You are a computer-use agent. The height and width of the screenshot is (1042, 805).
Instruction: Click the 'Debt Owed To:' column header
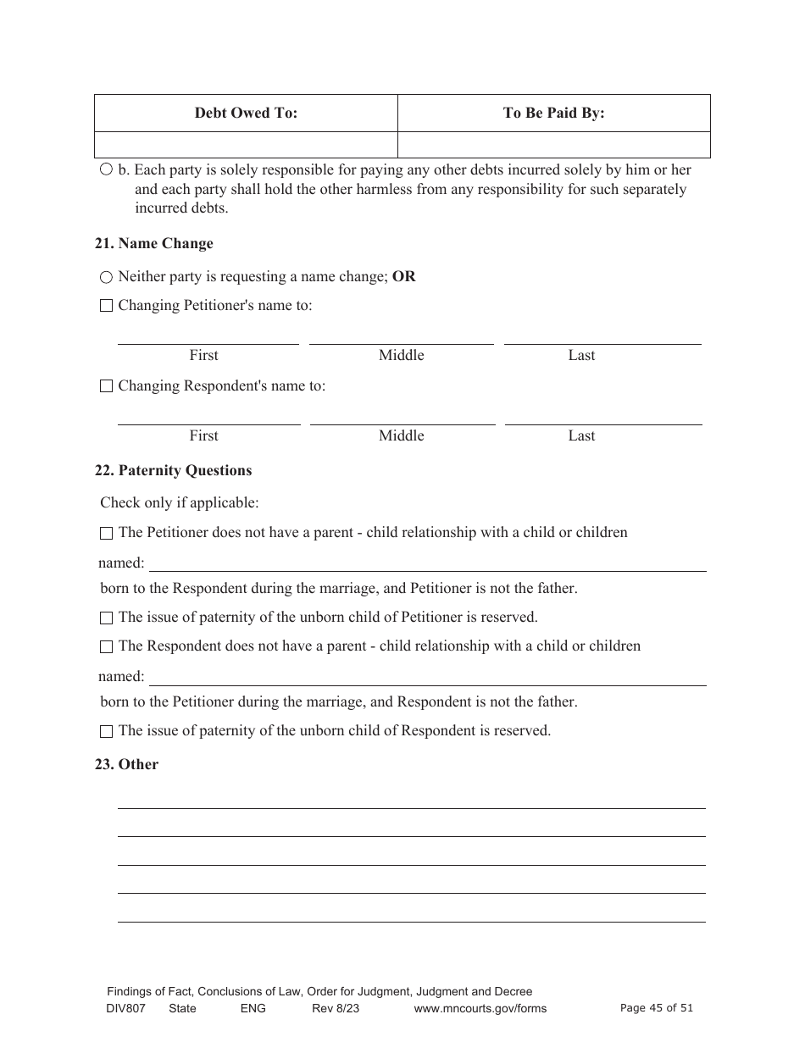246,113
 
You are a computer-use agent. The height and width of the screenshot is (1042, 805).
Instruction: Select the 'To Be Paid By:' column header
553,113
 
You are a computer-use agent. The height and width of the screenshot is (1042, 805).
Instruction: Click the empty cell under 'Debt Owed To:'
246,144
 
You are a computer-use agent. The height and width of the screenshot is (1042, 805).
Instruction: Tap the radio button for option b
106,169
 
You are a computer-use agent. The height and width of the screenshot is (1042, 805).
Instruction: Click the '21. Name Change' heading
153,243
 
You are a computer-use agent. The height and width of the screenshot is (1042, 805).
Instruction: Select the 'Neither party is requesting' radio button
106,277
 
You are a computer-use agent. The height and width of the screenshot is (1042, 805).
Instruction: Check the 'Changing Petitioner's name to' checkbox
106,306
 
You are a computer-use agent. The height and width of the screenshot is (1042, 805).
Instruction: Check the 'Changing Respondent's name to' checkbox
106,386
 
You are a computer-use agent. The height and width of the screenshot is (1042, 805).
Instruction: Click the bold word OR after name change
404,276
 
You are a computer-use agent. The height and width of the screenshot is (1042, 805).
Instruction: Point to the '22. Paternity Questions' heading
173,470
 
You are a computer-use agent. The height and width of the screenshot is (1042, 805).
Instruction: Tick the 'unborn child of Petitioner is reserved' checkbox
106,618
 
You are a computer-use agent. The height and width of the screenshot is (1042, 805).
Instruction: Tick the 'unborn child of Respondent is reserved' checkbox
106,731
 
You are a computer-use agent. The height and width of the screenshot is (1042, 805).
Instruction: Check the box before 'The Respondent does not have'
106,646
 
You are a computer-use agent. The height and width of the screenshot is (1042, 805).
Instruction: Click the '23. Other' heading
126,764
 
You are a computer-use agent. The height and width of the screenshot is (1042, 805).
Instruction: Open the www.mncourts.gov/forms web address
480,1008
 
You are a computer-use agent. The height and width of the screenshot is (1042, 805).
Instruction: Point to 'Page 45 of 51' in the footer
657,1007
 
